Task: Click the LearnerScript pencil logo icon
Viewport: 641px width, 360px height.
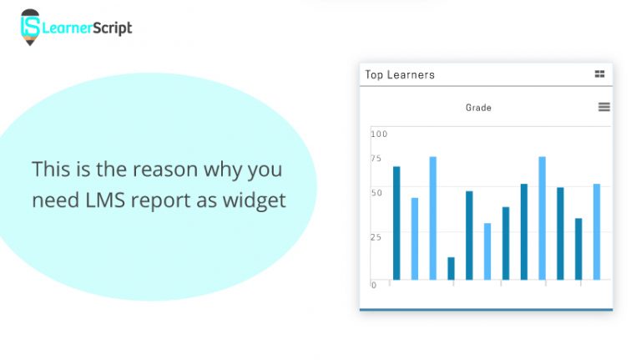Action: pos(30,26)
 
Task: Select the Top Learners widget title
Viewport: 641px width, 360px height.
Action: pos(400,74)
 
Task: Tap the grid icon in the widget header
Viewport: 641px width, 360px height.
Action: pos(599,74)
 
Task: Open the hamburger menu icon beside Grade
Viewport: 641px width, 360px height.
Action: pos(604,107)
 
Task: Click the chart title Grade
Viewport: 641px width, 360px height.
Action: pos(478,108)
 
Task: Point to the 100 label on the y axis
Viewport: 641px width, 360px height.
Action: pos(379,134)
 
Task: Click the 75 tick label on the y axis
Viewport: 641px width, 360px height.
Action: pos(376,159)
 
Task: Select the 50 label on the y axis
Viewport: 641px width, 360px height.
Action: pos(376,193)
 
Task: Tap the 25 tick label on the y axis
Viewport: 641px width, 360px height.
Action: pos(376,237)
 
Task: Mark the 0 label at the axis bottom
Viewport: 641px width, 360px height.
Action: pos(373,285)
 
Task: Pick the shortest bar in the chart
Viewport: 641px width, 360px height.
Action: pos(451,268)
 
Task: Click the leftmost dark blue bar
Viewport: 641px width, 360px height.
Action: pos(396,222)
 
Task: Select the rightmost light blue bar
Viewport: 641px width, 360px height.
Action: pos(597,231)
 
